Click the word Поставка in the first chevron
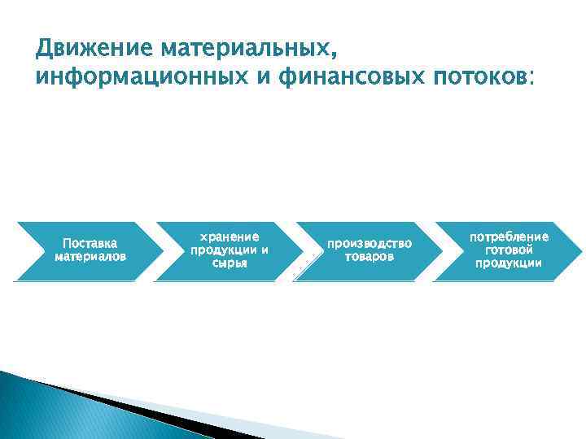[x=90, y=243]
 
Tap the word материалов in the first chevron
[x=90, y=256]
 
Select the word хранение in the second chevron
[x=230, y=237]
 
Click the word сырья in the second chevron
[x=230, y=263]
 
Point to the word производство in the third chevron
[x=370, y=243]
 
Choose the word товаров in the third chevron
[x=370, y=256]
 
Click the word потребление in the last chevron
[x=509, y=237]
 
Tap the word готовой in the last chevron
[x=509, y=250]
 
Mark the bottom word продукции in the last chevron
[x=509, y=263]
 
